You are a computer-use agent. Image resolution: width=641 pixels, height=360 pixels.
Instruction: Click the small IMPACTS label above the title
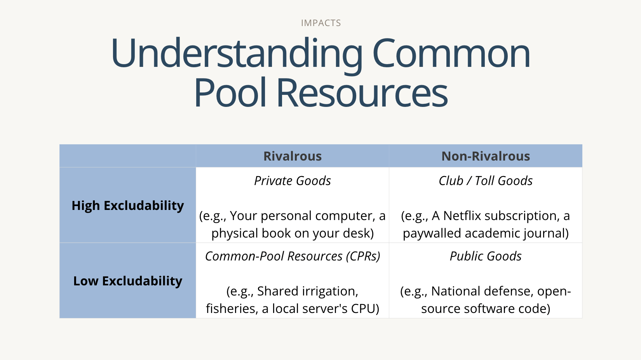[x=321, y=23]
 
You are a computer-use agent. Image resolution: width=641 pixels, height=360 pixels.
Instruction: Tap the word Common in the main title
[x=451, y=53]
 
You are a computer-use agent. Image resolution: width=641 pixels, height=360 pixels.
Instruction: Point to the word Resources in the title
[x=362, y=93]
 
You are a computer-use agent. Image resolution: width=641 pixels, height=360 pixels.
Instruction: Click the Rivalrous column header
[x=293, y=156]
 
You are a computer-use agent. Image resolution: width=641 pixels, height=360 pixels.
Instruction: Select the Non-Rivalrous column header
[x=486, y=156]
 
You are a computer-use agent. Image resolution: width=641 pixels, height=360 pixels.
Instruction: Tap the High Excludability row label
[x=128, y=206]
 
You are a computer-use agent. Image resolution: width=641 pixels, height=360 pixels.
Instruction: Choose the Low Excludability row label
[x=128, y=281]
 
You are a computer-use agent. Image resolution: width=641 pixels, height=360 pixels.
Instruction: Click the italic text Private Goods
[x=293, y=181]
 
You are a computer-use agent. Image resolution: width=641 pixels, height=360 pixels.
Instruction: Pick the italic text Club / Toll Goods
[x=486, y=181]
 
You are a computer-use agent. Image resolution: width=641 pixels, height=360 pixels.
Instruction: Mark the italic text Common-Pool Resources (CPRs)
[x=293, y=256]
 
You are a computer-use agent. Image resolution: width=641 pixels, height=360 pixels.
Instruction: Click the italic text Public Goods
[x=486, y=256]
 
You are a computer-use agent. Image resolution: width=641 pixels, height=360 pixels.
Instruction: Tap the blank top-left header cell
[x=128, y=156]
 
